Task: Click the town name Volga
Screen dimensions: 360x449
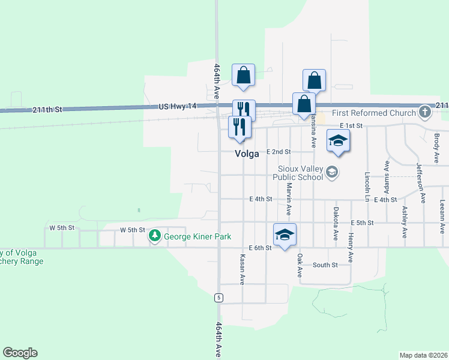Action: [x=247, y=154]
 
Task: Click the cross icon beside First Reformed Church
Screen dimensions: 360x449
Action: [x=425, y=112]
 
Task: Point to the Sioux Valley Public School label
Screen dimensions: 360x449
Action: [x=297, y=173]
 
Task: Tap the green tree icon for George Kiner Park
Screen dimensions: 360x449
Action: [x=155, y=236]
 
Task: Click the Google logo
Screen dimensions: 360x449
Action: [x=20, y=353]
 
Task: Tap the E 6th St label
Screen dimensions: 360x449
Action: [x=260, y=248]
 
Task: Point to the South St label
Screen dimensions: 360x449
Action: [x=325, y=265]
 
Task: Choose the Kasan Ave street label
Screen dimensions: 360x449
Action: [x=243, y=269]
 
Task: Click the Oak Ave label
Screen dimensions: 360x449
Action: [x=300, y=265]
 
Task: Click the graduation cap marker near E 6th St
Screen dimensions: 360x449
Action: [x=285, y=235]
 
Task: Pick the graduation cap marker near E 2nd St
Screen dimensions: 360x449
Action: [x=338, y=142]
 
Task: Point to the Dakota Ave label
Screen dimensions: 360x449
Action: [x=336, y=223]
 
